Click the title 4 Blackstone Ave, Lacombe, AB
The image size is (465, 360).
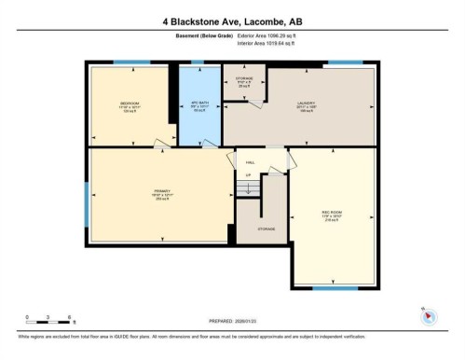point(232,19)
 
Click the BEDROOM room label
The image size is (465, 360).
point(130,103)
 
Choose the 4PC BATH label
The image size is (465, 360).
point(197,103)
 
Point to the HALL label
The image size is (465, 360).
point(249,160)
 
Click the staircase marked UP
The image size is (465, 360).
point(248,187)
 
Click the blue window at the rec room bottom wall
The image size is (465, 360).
point(335,288)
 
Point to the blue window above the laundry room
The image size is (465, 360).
point(345,63)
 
